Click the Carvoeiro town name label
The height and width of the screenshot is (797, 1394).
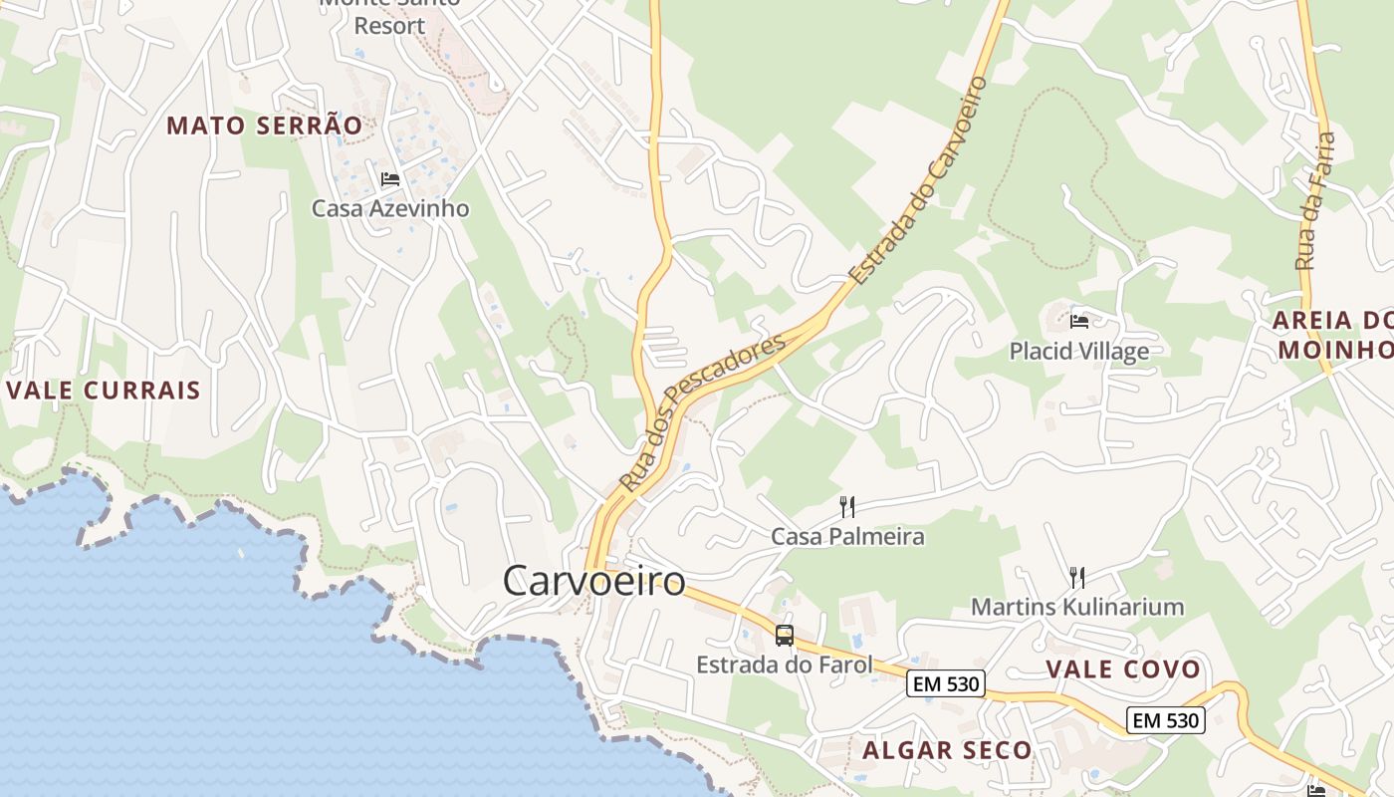pos(593,581)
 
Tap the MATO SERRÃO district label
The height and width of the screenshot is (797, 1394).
pos(264,126)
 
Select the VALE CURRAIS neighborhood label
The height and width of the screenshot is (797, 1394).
pos(104,390)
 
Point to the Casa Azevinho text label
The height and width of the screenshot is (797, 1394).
pos(389,208)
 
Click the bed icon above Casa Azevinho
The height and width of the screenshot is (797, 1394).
pos(389,179)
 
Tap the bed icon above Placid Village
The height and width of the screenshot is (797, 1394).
pos(1078,321)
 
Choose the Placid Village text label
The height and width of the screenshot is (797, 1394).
pos(1078,351)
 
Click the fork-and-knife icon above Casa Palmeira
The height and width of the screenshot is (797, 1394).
pos(846,507)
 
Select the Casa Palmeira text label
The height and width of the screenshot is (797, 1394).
pos(847,537)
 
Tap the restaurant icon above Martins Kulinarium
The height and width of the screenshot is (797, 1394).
pos(1076,577)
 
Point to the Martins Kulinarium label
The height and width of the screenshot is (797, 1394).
pos(1076,607)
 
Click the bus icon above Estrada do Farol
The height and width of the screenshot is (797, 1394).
pos(785,635)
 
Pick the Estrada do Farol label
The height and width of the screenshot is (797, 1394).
pos(784,664)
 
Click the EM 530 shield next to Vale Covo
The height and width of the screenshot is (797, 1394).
pos(1166,719)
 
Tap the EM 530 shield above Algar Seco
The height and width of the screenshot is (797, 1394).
pos(946,683)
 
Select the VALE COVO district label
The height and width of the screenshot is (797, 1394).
pos(1123,669)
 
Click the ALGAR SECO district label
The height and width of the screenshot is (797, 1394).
pos(947,750)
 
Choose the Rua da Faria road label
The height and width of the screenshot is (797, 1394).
pos(1315,200)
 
